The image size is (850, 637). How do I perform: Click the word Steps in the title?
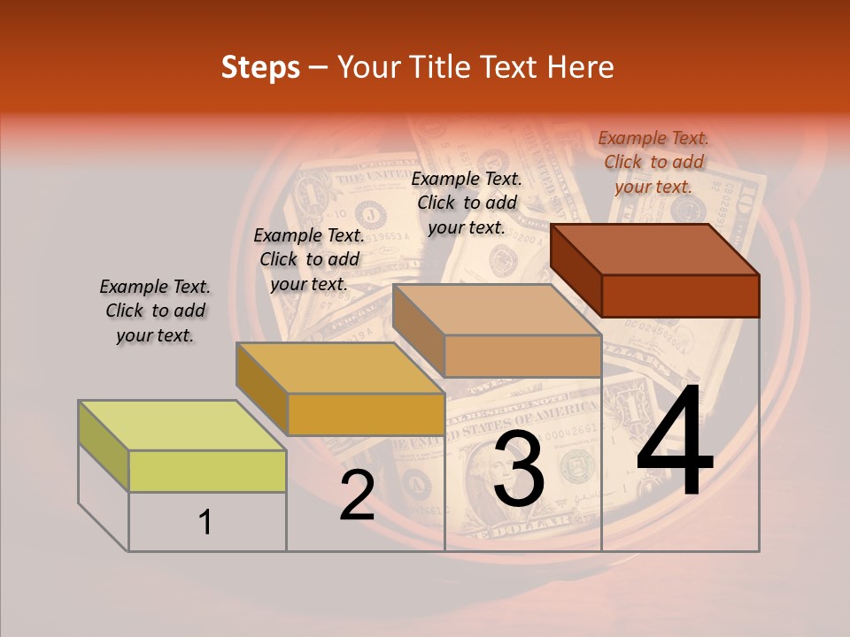(260, 67)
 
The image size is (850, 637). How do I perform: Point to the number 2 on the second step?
(357, 495)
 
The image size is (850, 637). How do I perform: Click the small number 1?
(205, 522)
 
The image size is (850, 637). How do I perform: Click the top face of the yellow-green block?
(182, 425)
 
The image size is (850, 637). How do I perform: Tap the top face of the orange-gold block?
(340, 368)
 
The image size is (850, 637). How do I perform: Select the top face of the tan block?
(497, 310)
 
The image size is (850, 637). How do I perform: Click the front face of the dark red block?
(680, 295)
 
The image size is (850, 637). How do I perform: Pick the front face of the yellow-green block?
(207, 471)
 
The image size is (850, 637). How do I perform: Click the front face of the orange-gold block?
(366, 414)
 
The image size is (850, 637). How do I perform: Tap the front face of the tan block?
(522, 356)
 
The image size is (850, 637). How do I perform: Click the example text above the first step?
(155, 311)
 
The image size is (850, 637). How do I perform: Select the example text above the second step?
(309, 260)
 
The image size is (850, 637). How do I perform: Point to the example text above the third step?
(467, 203)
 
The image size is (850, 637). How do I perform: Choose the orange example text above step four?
(653, 162)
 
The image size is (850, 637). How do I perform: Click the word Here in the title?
(579, 67)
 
